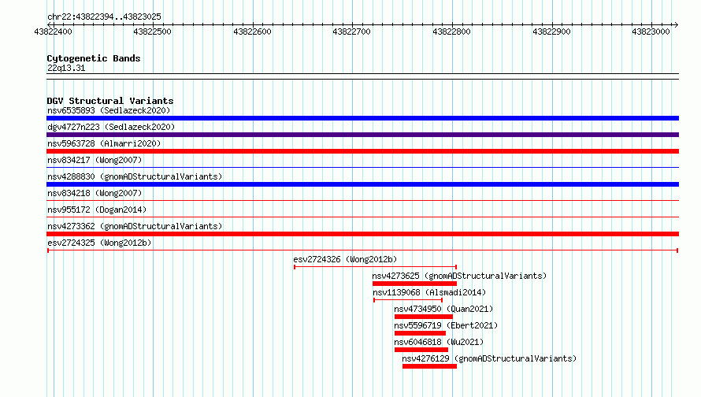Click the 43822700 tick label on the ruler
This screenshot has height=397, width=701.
(352, 32)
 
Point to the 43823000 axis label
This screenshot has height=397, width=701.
(651, 32)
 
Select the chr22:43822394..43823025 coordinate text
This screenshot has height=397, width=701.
(104, 17)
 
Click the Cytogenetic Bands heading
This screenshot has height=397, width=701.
(94, 58)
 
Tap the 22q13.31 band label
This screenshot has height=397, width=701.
(66, 68)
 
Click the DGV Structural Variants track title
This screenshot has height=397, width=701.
(110, 101)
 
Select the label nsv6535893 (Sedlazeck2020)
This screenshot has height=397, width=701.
(109, 110)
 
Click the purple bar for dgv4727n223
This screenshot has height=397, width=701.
(362, 135)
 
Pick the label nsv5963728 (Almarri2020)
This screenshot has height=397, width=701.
(104, 143)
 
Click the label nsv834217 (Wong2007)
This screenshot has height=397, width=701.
(95, 160)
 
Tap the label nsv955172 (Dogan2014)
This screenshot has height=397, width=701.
(97, 210)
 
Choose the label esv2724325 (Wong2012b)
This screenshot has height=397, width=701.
(99, 243)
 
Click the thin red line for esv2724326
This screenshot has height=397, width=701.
(376, 267)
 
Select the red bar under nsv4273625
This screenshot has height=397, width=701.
(414, 284)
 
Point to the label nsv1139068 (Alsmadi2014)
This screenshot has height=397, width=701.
(429, 292)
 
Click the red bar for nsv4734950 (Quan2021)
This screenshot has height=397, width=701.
(424, 317)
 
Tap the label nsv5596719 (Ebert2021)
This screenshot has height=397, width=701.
(446, 325)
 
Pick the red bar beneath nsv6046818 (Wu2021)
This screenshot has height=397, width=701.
(421, 350)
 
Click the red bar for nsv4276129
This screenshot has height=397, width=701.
(429, 366)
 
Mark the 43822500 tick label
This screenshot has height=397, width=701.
(153, 32)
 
